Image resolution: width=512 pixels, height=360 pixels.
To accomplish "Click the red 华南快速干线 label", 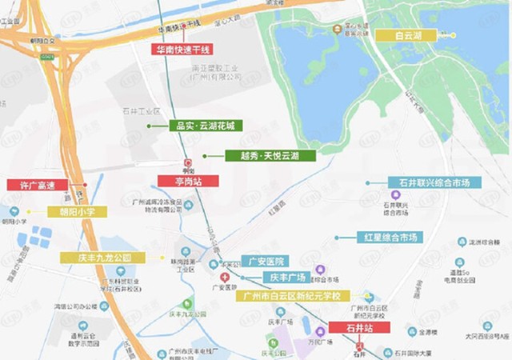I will [182, 49].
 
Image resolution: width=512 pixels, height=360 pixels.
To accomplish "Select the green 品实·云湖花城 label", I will [204, 126].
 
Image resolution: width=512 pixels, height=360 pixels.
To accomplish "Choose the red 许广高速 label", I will [37, 185].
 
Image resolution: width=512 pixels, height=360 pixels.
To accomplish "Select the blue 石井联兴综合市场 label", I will [434, 182].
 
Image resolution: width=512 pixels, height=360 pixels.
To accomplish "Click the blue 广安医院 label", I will [266, 262].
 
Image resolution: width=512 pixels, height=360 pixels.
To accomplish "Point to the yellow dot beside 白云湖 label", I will [453, 35].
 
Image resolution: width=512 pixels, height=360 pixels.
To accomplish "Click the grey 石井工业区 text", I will [141, 111].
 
